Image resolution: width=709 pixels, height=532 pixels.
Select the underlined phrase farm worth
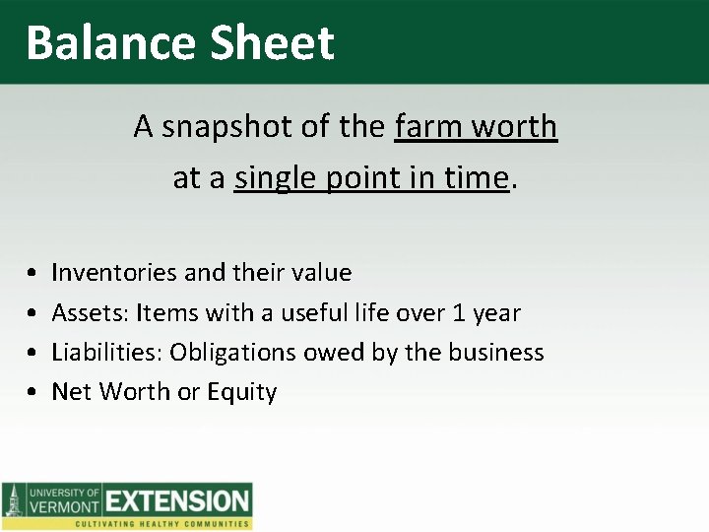(476, 127)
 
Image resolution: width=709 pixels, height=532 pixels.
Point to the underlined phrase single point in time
(372, 178)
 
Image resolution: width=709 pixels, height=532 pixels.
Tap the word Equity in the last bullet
(241, 392)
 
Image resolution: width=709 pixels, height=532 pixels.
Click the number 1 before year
(459, 313)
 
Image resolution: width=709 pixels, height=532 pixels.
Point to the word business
(499, 353)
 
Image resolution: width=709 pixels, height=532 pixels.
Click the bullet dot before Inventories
(33, 273)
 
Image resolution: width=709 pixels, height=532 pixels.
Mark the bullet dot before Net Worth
(33, 393)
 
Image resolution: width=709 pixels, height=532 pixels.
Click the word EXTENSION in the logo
(178, 500)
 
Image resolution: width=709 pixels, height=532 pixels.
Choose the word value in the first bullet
(320, 272)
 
